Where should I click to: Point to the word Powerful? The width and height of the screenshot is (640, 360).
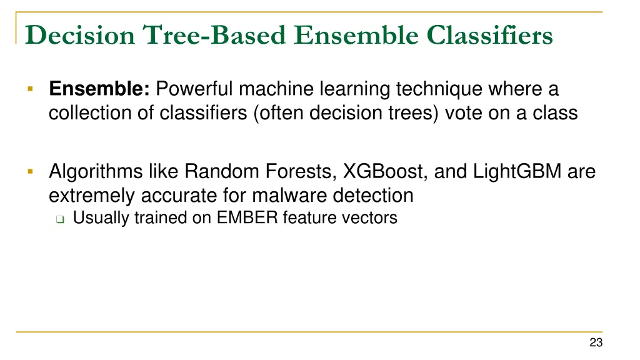195,90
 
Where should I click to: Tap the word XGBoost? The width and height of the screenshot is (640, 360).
384,171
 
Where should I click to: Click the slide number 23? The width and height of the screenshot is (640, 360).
595,342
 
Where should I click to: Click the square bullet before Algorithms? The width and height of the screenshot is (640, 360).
29,170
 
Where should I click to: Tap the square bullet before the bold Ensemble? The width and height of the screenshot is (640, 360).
29,89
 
